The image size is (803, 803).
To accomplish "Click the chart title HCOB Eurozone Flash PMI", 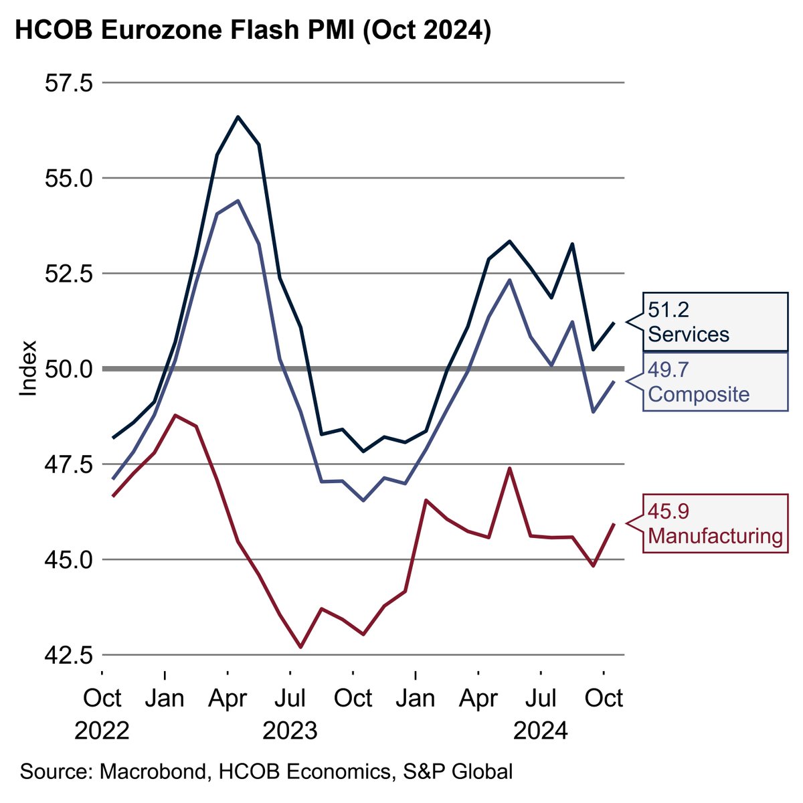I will click(x=253, y=31).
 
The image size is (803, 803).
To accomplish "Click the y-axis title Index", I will click(x=27, y=369).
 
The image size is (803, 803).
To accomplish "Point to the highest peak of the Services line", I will click(x=238, y=117).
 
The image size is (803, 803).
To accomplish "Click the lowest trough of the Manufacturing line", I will click(x=300, y=647).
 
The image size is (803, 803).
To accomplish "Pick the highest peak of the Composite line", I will click(x=238, y=201).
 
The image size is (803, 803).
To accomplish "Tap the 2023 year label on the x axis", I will click(x=290, y=730).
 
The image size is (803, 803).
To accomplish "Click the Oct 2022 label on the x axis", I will click(x=102, y=699).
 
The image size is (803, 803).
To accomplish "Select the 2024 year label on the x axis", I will click(x=541, y=730).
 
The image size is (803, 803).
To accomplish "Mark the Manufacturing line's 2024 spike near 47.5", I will click(x=509, y=468).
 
